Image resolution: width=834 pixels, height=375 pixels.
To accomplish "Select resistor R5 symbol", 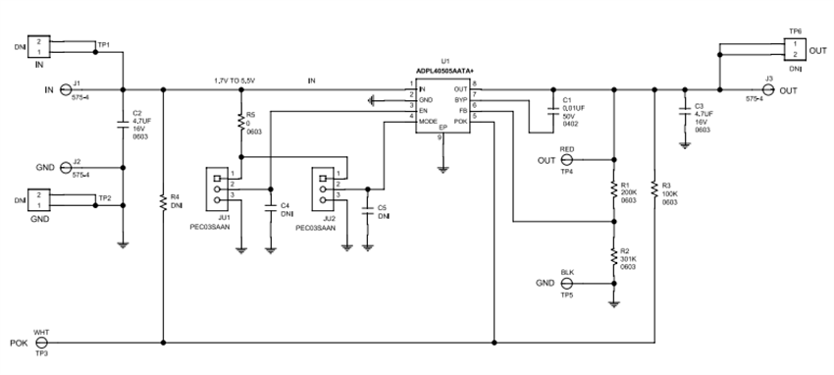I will coord(239,122).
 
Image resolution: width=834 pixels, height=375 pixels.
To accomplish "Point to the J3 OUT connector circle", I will coord(768,90).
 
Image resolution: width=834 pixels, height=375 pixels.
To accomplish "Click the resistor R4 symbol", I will coord(163,203).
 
